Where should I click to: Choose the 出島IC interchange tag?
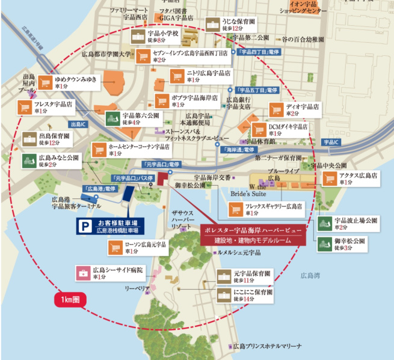pyautogui.click(x=80, y=124)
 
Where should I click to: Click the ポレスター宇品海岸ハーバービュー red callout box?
pyautogui.click(x=262, y=235)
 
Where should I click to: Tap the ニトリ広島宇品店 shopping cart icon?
pyautogui.click(x=177, y=76)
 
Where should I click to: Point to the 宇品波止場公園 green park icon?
pyautogui.click(x=325, y=224)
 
